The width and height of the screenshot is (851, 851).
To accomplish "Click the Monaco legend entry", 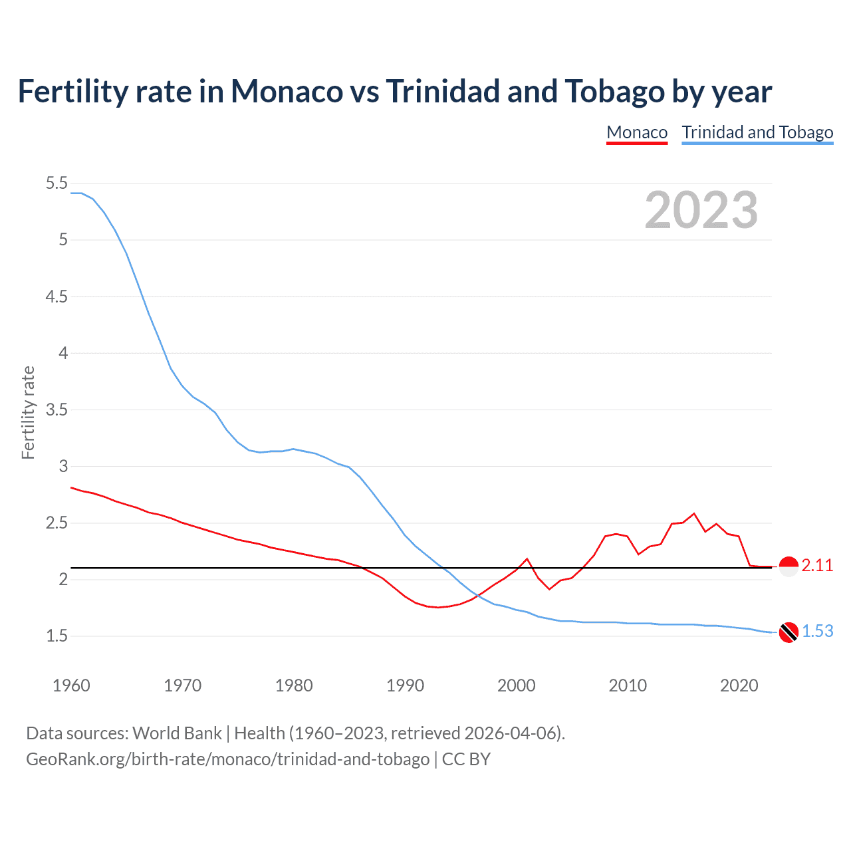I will click(x=636, y=132).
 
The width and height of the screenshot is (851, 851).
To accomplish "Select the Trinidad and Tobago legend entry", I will click(x=757, y=132).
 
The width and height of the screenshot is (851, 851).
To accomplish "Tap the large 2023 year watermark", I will click(x=701, y=210).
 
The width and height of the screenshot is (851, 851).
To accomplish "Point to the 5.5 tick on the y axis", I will click(x=57, y=183).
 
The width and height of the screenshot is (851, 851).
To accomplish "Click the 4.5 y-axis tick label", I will click(x=57, y=297).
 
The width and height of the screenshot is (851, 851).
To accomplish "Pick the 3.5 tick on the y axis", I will click(x=57, y=410).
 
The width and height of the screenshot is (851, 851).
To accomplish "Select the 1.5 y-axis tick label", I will click(x=57, y=636).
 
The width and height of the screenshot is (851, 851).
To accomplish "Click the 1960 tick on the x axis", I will click(x=71, y=685).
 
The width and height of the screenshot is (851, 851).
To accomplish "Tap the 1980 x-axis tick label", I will click(x=294, y=685).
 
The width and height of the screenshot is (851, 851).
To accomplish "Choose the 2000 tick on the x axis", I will click(x=517, y=685).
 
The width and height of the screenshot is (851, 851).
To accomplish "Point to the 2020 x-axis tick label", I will click(x=739, y=685).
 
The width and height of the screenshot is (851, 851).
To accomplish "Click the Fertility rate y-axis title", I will click(x=28, y=412).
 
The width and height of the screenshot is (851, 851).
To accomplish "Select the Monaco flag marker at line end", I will click(x=788, y=566).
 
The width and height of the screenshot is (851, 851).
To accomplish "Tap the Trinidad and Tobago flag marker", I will click(x=788, y=632).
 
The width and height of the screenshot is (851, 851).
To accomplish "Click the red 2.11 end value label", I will click(x=817, y=566).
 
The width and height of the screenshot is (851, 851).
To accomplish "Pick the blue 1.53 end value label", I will click(x=817, y=631).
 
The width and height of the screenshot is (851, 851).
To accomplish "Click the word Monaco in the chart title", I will click(x=287, y=92).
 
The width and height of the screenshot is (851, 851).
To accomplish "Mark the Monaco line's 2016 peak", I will click(x=694, y=513).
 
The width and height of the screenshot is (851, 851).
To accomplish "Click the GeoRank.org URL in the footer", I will click(x=227, y=759).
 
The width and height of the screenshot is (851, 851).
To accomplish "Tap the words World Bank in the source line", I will click(x=177, y=733).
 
